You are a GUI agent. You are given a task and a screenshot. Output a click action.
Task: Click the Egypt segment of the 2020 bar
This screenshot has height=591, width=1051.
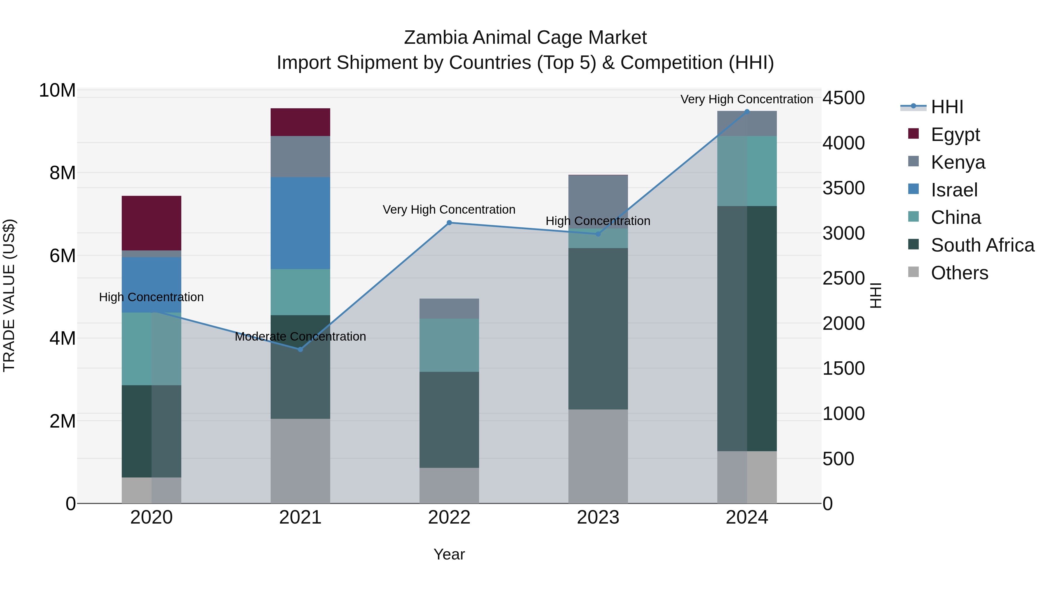pyautogui.click(x=151, y=223)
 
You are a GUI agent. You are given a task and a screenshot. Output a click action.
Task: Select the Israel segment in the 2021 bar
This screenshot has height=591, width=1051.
pyautogui.click(x=300, y=223)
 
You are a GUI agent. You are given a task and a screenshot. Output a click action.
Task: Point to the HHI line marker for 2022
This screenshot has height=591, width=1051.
pyautogui.click(x=449, y=223)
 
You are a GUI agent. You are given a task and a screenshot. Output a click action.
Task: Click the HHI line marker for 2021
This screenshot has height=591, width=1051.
pyautogui.click(x=300, y=349)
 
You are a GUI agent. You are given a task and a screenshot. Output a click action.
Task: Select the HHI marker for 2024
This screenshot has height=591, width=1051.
pyautogui.click(x=747, y=111)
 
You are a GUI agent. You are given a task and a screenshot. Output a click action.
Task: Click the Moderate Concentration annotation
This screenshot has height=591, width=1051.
pyautogui.click(x=300, y=337)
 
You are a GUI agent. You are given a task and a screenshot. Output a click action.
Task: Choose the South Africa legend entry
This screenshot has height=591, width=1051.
pyautogui.click(x=982, y=245)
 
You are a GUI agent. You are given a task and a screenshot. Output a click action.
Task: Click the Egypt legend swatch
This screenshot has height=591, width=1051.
pyautogui.click(x=913, y=134)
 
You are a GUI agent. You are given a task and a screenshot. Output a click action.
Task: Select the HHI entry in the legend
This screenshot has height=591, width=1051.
pyautogui.click(x=946, y=107)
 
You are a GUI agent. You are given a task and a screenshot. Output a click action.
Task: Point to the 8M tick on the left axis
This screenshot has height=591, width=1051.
pyautogui.click(x=62, y=173)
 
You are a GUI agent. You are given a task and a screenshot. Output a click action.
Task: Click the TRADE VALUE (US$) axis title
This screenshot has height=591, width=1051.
pyautogui.click(x=9, y=295)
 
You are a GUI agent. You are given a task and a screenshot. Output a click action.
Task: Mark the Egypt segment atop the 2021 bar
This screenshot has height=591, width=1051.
pyautogui.click(x=300, y=122)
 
